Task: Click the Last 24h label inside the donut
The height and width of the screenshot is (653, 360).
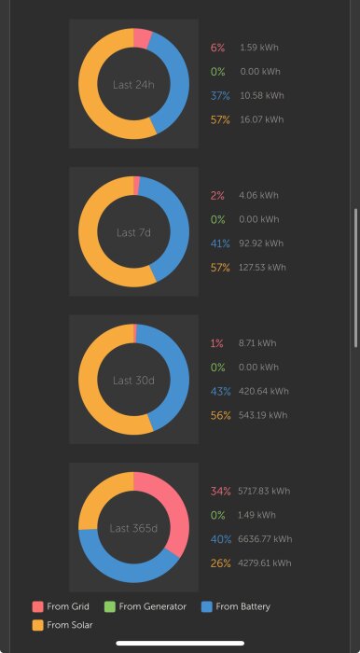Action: pos(133,84)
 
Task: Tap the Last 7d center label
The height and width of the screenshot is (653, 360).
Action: pos(133,232)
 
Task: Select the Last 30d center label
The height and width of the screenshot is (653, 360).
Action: pos(133,381)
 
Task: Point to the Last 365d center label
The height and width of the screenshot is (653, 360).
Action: pos(133,528)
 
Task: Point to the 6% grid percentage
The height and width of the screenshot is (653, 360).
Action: pos(218,47)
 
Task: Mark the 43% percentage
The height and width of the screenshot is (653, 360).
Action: pos(221,391)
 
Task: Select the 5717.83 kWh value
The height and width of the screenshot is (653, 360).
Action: pos(264,491)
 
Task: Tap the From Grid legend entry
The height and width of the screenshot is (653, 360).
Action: pos(62,606)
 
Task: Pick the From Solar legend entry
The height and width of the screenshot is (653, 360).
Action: pos(62,625)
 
